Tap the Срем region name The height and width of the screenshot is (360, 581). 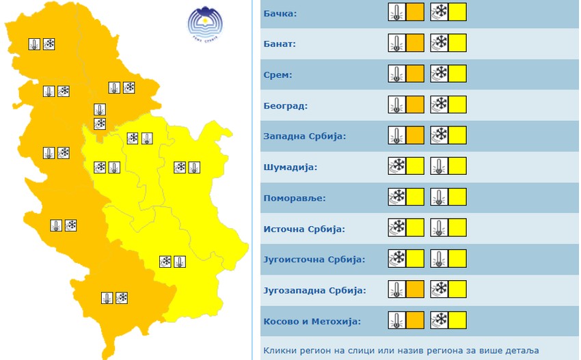coord(278,74)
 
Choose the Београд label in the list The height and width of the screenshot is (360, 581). coord(286,106)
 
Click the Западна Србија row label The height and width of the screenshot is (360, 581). coord(305,136)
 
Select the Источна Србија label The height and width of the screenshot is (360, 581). coord(304,229)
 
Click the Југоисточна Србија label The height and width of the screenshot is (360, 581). coord(314,260)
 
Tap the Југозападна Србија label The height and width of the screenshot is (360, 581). coord(314,290)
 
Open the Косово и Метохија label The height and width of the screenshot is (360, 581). coord(312,321)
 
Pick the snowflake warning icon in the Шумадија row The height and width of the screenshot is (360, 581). coord(397,167)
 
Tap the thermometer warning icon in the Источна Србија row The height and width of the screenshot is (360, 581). coord(440,228)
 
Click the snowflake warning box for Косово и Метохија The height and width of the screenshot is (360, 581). coord(448,320)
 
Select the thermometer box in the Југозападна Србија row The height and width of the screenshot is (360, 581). coord(406,290)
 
